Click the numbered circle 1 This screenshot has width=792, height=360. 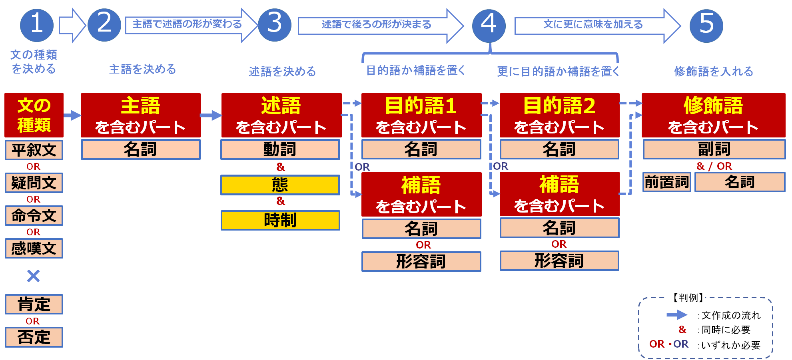click(x=37, y=25)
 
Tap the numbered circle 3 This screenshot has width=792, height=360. click(x=275, y=25)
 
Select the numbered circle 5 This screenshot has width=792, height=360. click(x=706, y=26)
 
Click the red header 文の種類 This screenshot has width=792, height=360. click(x=34, y=115)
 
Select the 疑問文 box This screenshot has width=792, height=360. click(x=34, y=183)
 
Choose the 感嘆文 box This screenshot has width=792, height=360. click(x=34, y=249)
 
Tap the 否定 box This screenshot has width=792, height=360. click(x=34, y=337)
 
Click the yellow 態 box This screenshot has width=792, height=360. click(x=280, y=185)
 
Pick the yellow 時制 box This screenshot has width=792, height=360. click(x=280, y=220)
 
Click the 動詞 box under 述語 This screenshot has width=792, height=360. click(x=280, y=149)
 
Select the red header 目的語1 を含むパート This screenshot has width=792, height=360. click(x=421, y=115)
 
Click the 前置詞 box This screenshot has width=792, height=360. click(x=666, y=182)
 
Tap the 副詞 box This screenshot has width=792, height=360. click(x=714, y=149)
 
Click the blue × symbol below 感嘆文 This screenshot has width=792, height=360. click(x=34, y=276)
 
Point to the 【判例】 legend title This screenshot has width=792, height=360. click(x=686, y=297)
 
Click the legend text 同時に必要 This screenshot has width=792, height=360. click(x=726, y=330)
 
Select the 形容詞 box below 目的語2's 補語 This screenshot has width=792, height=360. click(x=559, y=261)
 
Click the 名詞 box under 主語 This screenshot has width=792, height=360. click(x=140, y=149)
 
